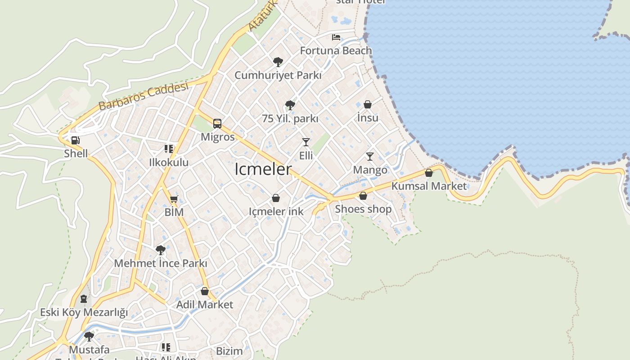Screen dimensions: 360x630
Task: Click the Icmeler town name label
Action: [x=263, y=170]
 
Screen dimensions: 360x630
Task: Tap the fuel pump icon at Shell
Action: [x=76, y=140]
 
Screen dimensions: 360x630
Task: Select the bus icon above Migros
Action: [x=217, y=124]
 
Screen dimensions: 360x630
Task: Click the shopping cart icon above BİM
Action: [x=174, y=199]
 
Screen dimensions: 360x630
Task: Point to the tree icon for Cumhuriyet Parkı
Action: [x=278, y=62]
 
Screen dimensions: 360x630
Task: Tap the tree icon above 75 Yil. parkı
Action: [x=290, y=105]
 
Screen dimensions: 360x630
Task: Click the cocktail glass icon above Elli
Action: [x=306, y=142]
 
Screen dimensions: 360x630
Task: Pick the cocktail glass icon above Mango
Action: [x=370, y=157]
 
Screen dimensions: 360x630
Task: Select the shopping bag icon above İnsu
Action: [x=368, y=104]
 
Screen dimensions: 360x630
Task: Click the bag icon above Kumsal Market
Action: [x=429, y=173]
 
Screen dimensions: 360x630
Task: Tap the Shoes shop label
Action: [x=363, y=209]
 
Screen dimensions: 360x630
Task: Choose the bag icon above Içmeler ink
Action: [x=276, y=198]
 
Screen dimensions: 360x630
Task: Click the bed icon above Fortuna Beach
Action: [x=336, y=37]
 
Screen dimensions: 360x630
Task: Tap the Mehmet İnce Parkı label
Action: [x=161, y=263]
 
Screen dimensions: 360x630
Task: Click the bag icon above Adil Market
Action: [x=205, y=291]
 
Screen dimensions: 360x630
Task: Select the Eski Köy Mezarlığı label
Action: [x=84, y=312]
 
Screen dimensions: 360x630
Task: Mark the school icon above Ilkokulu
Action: [x=169, y=149]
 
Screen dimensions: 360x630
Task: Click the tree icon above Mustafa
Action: [x=89, y=336]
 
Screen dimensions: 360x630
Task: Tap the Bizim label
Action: [x=229, y=351]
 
